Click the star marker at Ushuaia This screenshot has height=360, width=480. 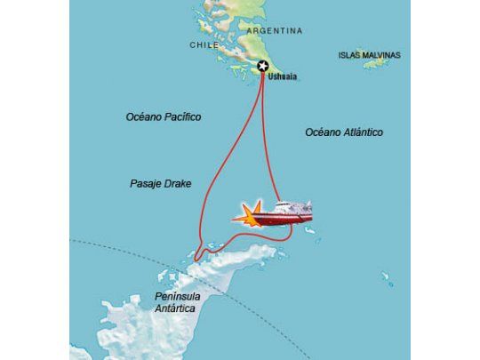coord(263,67)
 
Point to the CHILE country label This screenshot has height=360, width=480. coord(204,45)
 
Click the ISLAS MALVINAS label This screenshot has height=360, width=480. coord(369,55)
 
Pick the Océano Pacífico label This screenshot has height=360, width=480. coord(164,116)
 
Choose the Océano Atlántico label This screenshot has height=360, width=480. coord(343,132)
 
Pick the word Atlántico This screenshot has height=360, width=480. coord(363,132)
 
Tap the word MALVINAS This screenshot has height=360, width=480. coord(380,55)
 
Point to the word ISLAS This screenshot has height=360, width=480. coord(348,55)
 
